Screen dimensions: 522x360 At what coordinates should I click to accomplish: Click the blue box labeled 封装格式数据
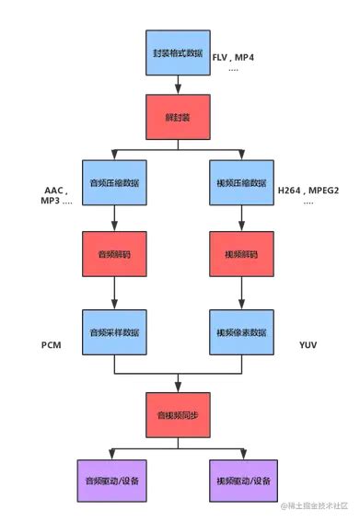click(x=177, y=53)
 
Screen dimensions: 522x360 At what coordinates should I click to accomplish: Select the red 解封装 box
click(x=177, y=116)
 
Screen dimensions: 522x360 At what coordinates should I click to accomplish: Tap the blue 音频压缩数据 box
click(x=113, y=181)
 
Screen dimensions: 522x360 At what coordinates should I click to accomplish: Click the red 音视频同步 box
click(x=177, y=414)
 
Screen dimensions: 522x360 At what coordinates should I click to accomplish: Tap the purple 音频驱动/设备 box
click(x=113, y=481)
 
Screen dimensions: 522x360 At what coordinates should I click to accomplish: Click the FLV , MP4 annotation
click(x=233, y=57)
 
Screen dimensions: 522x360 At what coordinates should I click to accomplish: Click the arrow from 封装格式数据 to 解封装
click(x=177, y=85)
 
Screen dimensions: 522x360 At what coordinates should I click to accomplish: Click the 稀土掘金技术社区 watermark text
click(x=312, y=505)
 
